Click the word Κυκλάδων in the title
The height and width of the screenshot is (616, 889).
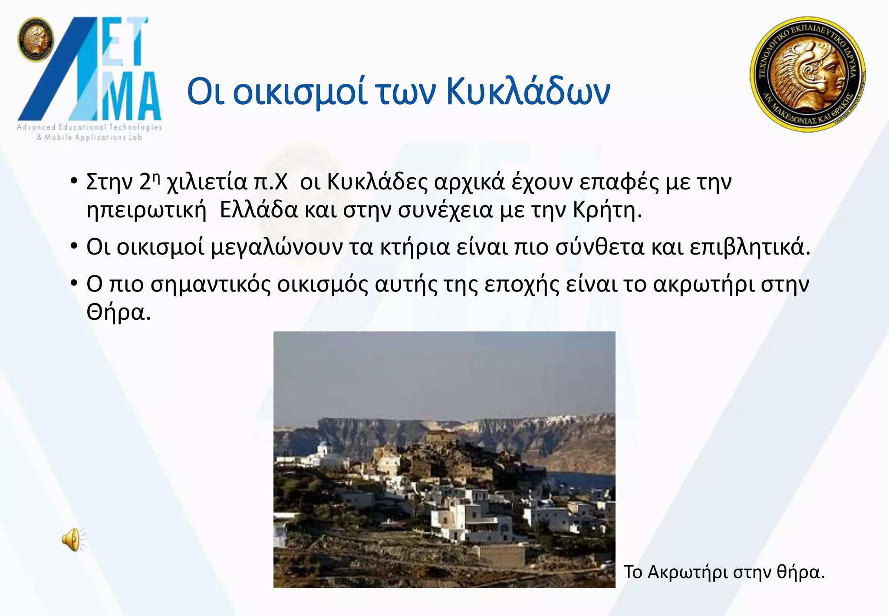pos(528,92)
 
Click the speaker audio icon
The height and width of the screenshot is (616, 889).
pos(72,540)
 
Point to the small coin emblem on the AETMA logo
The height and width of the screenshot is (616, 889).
pos(36,40)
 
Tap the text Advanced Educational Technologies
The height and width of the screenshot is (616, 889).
pos(89,127)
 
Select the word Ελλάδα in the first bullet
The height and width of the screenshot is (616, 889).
pos(259,210)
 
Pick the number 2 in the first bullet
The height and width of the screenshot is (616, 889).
pos(145,182)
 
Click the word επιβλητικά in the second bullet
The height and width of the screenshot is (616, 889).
pos(747,247)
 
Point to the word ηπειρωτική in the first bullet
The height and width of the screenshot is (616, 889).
pos(146,211)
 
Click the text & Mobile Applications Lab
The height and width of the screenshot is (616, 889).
pos(89,138)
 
